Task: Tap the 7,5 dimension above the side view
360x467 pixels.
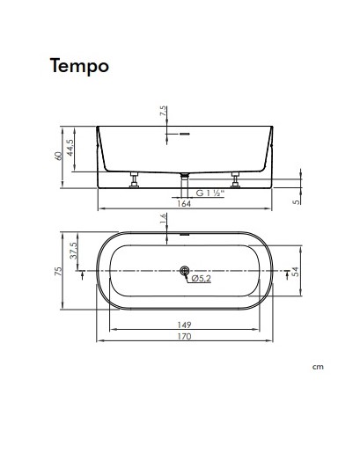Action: tap(164, 112)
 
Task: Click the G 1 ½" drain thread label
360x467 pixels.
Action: tap(209, 191)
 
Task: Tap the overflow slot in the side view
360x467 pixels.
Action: tap(185, 135)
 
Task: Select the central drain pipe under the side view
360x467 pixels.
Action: tap(184, 178)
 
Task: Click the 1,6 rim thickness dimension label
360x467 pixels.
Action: tap(164, 221)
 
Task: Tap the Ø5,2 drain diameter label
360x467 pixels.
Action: tap(202, 280)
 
